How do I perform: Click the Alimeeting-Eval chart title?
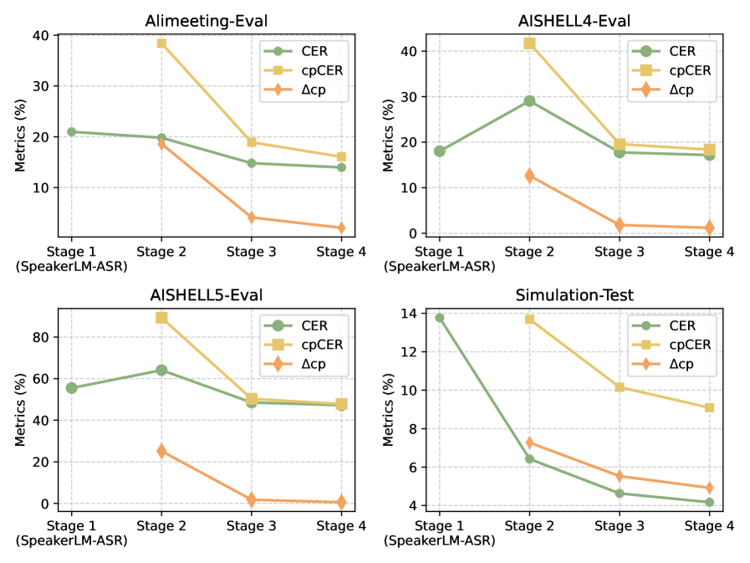tap(206, 16)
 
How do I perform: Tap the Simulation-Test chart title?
tap(574, 294)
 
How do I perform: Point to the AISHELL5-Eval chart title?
tap(206, 294)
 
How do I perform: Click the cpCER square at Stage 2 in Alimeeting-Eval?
tap(161, 43)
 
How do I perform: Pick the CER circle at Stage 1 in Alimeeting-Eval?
tap(72, 132)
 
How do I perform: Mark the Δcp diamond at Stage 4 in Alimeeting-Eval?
tap(341, 228)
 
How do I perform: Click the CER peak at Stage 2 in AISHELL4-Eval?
tap(529, 101)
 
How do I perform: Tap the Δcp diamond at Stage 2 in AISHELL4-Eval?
tap(529, 176)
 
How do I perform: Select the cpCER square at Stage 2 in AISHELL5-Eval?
tap(161, 318)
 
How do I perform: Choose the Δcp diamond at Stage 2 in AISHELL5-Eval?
tap(161, 451)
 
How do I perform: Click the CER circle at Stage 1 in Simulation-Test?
tap(440, 318)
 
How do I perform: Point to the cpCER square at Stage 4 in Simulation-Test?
tap(709, 407)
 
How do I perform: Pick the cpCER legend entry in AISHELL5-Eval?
tap(309, 345)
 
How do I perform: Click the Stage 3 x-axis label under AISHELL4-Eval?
tap(620, 252)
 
